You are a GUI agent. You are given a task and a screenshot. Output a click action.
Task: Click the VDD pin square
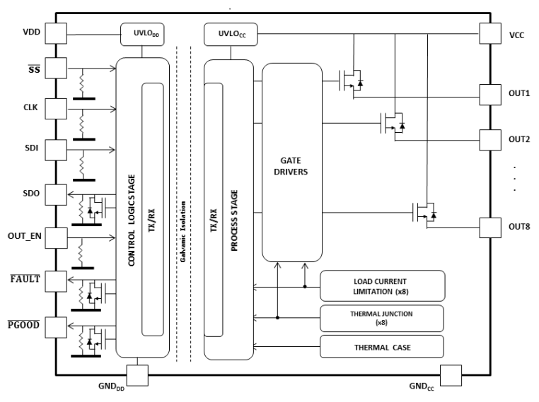point(56,32)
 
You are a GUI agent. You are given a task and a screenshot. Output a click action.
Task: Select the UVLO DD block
point(145,32)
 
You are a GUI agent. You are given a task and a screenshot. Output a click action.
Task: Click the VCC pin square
point(489,32)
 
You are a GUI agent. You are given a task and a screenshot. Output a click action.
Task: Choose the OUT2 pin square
point(489,138)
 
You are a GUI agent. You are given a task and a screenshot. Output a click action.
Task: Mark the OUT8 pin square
point(489,227)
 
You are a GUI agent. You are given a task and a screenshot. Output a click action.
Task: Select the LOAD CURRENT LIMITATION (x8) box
point(383,285)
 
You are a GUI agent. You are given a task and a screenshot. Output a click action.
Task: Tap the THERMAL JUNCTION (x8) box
point(383,318)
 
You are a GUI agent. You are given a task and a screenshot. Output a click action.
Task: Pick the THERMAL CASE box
point(383,347)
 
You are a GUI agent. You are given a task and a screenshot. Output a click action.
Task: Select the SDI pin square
point(56,150)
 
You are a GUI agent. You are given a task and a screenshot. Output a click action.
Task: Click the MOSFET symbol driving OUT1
point(351,81)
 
